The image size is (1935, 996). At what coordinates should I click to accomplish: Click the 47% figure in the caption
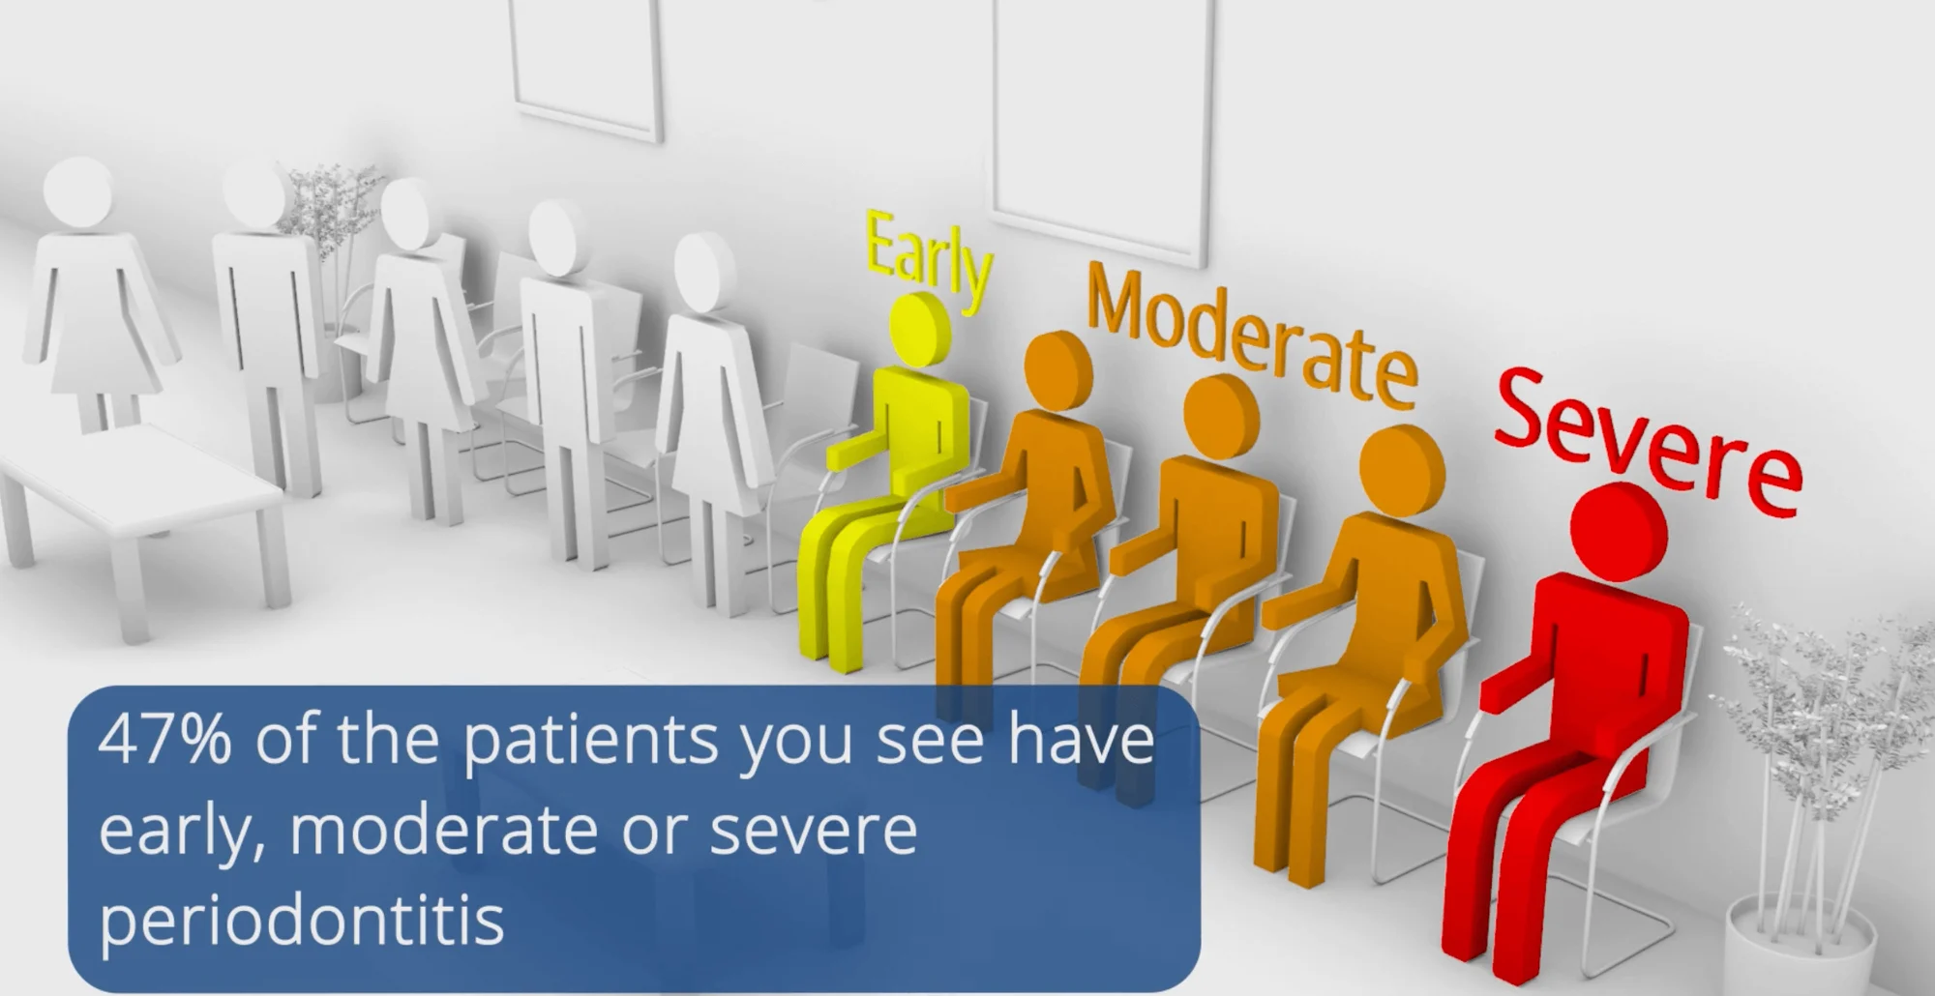pyautogui.click(x=164, y=740)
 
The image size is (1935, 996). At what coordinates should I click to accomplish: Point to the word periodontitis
pyautogui.click(x=302, y=919)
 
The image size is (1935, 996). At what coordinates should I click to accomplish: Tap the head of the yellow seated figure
pyautogui.click(x=919, y=329)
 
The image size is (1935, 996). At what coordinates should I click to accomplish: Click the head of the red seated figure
pyautogui.click(x=1619, y=532)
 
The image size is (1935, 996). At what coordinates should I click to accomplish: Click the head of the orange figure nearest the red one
pyautogui.click(x=1402, y=469)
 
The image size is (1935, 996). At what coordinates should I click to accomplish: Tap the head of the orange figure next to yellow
pyautogui.click(x=1058, y=370)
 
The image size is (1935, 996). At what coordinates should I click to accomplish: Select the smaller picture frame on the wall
pyautogui.click(x=586, y=68)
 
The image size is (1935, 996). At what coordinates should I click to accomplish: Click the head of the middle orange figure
pyautogui.click(x=1221, y=418)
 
